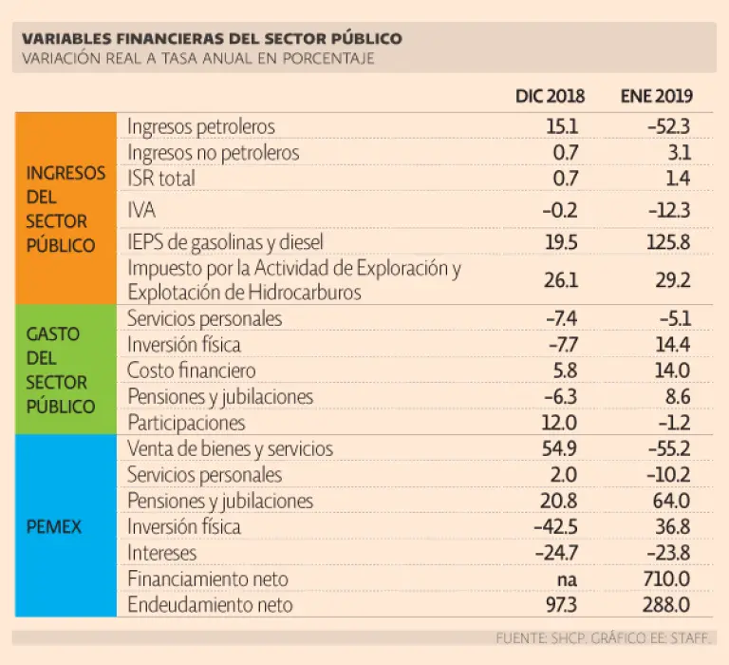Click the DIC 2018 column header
tap(550, 96)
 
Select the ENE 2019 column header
tap(656, 96)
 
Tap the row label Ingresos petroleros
tap(201, 126)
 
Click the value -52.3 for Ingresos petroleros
tap(668, 126)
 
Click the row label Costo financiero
tap(191, 370)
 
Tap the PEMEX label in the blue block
tap(55, 525)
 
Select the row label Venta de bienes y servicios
tap(230, 448)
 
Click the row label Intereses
tap(162, 552)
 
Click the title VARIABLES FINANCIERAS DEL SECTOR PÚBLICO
tap(212, 39)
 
